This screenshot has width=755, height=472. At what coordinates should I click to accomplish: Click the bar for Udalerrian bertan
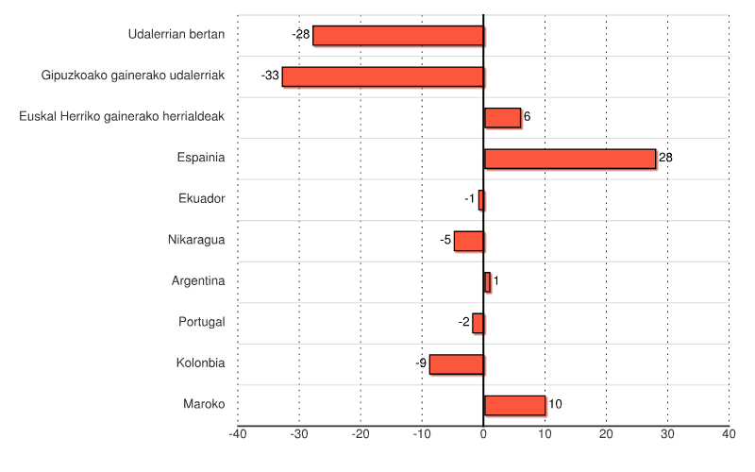point(397,36)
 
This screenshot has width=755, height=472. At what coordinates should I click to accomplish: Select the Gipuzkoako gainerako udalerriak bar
point(382,76)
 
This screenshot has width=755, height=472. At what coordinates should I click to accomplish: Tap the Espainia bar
point(569,159)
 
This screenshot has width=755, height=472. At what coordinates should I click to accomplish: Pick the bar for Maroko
point(514,405)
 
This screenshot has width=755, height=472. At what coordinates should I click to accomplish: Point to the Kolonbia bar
point(456,363)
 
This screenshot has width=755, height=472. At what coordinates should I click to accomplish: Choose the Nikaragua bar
point(468,241)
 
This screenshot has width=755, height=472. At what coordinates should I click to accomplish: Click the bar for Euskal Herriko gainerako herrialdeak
point(502,117)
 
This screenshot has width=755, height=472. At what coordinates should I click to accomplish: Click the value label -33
point(270,76)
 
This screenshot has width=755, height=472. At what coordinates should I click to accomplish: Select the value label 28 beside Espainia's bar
point(665,158)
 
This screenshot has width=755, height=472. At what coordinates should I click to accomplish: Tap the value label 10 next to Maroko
point(555,404)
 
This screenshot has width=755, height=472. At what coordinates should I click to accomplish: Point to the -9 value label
point(421,363)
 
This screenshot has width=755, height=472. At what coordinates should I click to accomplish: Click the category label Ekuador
point(201,198)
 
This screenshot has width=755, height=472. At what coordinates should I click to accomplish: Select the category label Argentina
point(198,280)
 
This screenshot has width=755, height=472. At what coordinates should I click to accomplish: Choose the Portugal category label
point(202,322)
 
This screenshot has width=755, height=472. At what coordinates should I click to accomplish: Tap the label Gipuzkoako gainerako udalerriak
point(133,76)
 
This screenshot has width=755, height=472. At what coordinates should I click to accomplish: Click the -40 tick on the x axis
point(238,434)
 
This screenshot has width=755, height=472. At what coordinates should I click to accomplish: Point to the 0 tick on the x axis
point(483,434)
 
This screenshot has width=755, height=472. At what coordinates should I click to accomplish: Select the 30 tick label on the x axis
point(667,434)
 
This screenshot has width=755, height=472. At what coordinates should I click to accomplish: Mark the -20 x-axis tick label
point(361,434)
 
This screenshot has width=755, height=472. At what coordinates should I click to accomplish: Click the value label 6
point(527,117)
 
